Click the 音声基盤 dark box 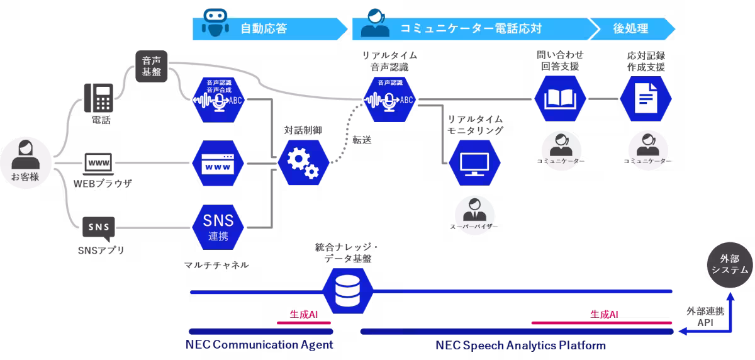coord(151,66)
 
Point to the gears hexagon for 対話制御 coord(303,162)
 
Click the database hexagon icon coord(348,290)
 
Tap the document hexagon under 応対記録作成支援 coord(646,99)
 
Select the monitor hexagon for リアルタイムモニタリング coord(475,162)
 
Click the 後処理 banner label coord(630,28)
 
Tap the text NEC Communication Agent coord(259,345)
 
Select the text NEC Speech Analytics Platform coord(520,345)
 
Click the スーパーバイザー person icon coord(474,210)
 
